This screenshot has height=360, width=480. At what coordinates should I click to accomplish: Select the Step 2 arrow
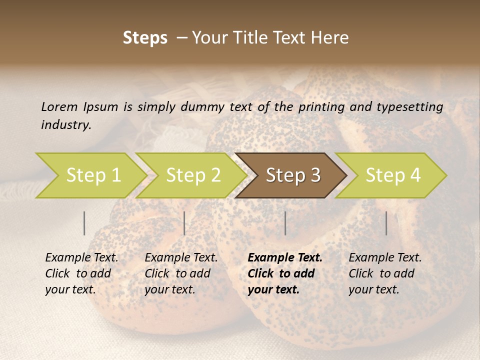[192, 175]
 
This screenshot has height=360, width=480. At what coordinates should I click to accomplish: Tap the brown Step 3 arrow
[292, 175]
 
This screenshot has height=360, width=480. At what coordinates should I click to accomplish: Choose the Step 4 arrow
[392, 175]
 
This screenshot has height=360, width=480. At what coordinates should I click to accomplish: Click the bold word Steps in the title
[145, 38]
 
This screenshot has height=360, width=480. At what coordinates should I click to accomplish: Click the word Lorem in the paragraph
[59, 106]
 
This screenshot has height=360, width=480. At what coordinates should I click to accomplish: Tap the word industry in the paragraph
[66, 125]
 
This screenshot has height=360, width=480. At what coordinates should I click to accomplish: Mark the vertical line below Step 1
[84, 223]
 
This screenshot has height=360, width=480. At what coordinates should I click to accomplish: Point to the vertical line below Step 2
[184, 223]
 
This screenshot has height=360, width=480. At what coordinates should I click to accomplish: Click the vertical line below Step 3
[285, 223]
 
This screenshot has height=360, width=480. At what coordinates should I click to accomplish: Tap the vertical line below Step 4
[386, 223]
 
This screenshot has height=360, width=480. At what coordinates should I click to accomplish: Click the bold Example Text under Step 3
[285, 257]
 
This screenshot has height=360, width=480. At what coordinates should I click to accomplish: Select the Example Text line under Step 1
[81, 257]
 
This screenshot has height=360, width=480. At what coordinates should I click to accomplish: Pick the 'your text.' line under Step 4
[374, 289]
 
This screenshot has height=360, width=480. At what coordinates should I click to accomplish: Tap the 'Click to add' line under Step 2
[177, 273]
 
